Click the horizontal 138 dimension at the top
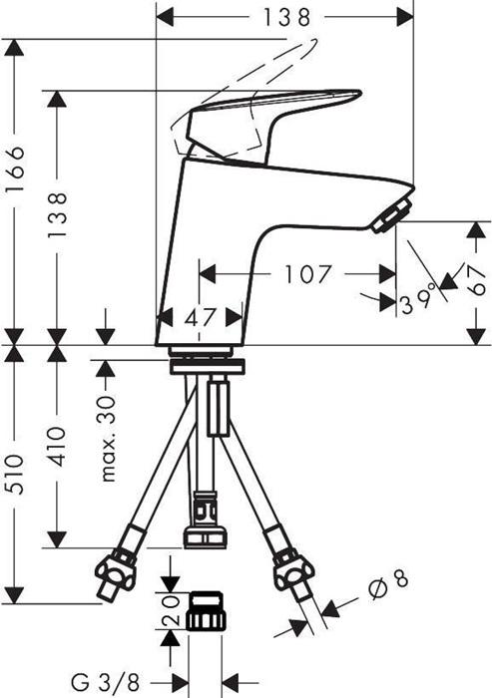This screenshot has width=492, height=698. (286, 18)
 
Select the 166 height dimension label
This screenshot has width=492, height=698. (17, 170)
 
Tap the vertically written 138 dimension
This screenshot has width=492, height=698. (58, 215)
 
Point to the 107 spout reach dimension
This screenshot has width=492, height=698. (308, 274)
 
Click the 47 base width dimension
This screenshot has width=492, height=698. (201, 318)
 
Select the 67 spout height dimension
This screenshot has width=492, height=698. (477, 281)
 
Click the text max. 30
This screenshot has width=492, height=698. (109, 438)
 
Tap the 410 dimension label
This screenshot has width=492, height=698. (58, 447)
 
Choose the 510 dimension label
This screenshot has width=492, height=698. (17, 474)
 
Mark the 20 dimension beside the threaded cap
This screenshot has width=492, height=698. (171, 610)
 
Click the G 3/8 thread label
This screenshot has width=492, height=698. (106, 681)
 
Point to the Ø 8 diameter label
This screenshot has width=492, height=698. (388, 585)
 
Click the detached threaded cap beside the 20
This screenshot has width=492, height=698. (207, 610)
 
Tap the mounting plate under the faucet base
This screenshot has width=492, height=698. (207, 366)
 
